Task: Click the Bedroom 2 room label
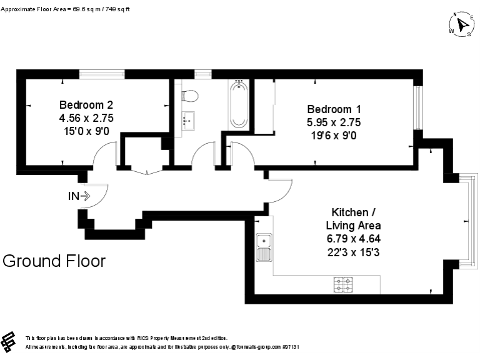[x=86, y=104]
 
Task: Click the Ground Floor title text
[x=54, y=261]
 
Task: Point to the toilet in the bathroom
[x=190, y=96]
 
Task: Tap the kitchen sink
[x=264, y=246]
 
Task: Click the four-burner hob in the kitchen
[x=344, y=284]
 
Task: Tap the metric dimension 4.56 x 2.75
[x=86, y=117]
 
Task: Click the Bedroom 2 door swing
[x=105, y=155]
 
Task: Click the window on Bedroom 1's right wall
[x=418, y=107]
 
